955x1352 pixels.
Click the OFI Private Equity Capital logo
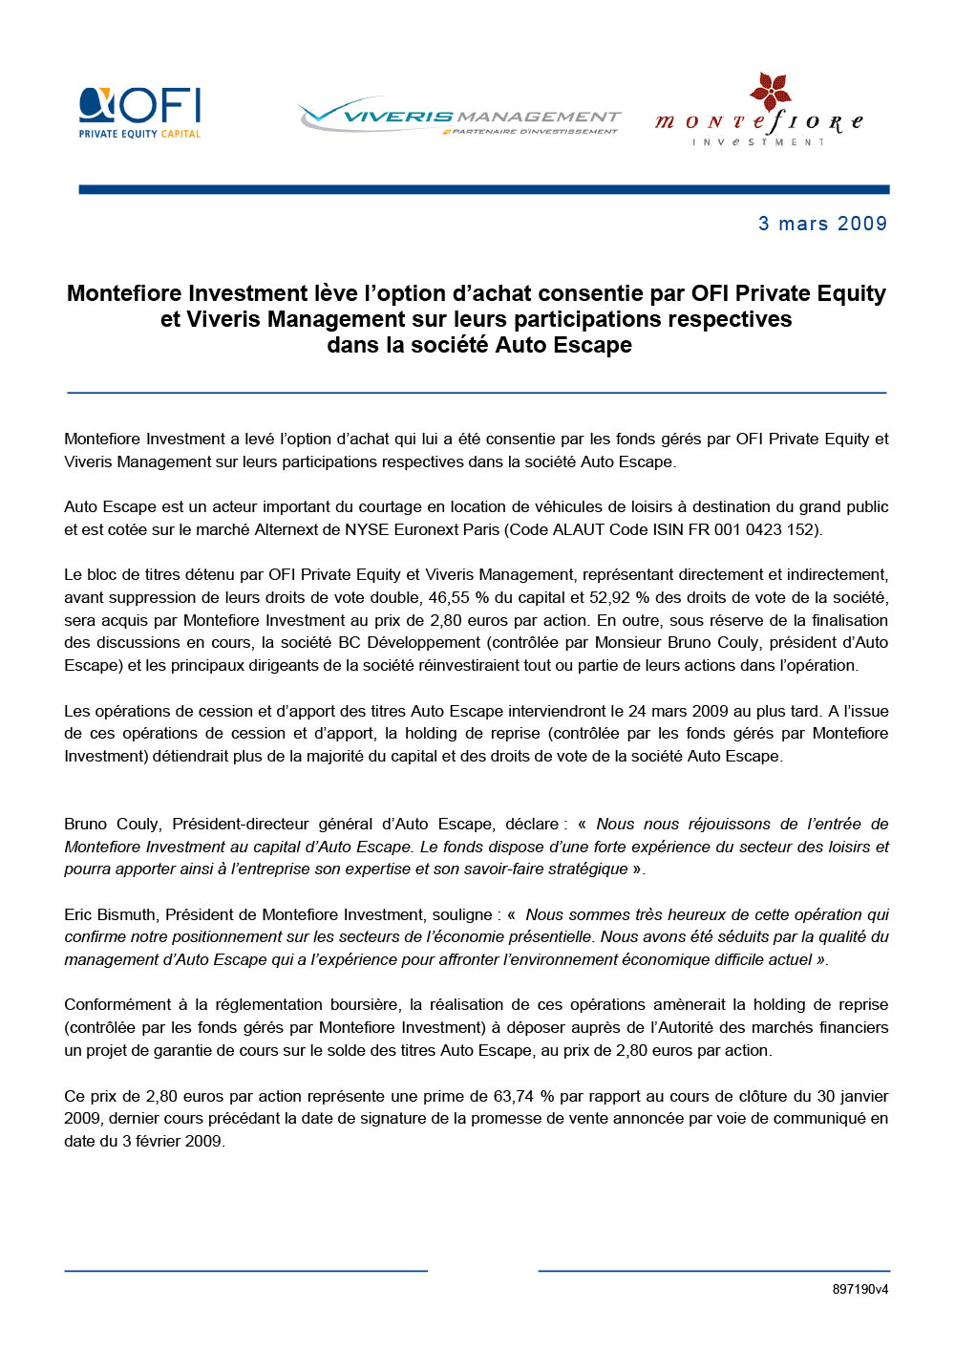pos(139,113)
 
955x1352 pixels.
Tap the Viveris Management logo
pos(459,118)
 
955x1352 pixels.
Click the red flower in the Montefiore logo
pos(770,91)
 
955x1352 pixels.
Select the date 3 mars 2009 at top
pos(822,224)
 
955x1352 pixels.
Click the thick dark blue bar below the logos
pos(483,189)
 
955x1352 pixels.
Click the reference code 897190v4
pos(859,1289)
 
